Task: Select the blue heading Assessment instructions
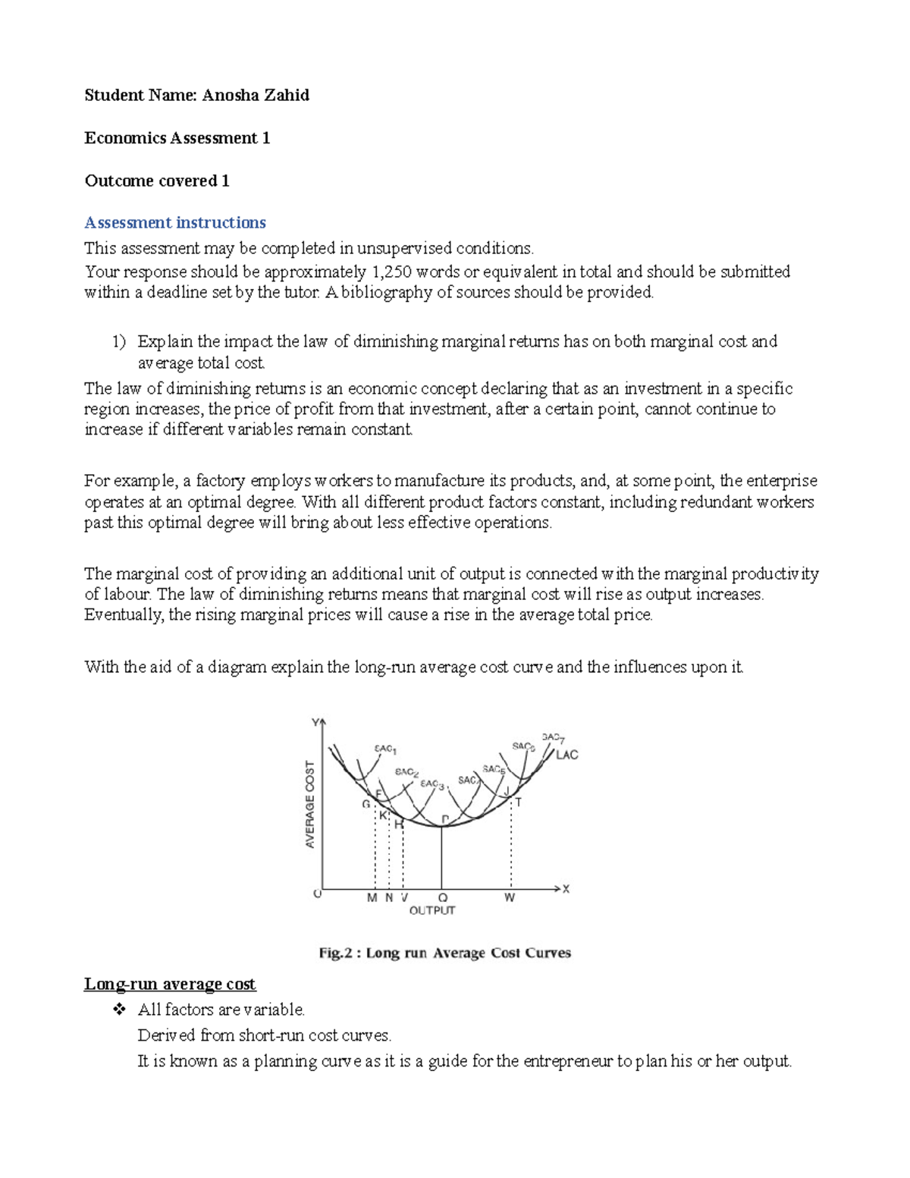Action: [175, 223]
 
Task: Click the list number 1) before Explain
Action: [118, 342]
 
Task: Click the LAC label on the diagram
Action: [566, 755]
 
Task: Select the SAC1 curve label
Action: [385, 749]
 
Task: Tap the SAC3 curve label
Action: [431, 784]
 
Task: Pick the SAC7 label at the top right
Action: [553, 737]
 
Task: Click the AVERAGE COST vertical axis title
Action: [310, 804]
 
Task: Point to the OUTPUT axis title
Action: [432, 910]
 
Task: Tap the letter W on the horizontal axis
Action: [510, 898]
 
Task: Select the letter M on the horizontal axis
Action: [372, 898]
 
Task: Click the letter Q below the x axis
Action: [443, 898]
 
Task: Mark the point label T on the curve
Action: [519, 802]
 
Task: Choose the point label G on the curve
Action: [366, 804]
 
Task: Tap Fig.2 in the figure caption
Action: [335, 953]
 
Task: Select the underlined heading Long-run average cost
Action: [170, 985]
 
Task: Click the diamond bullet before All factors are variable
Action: [118, 1010]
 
